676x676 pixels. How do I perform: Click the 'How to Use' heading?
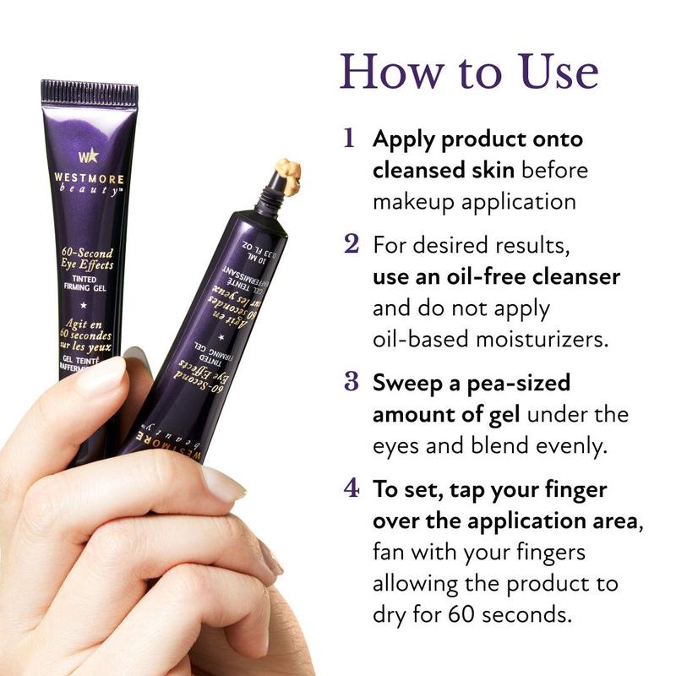click(469, 72)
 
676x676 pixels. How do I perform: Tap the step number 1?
click(349, 139)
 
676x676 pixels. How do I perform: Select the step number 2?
click(352, 244)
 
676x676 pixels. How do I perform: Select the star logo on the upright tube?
click(89, 156)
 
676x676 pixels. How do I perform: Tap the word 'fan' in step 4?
click(389, 552)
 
